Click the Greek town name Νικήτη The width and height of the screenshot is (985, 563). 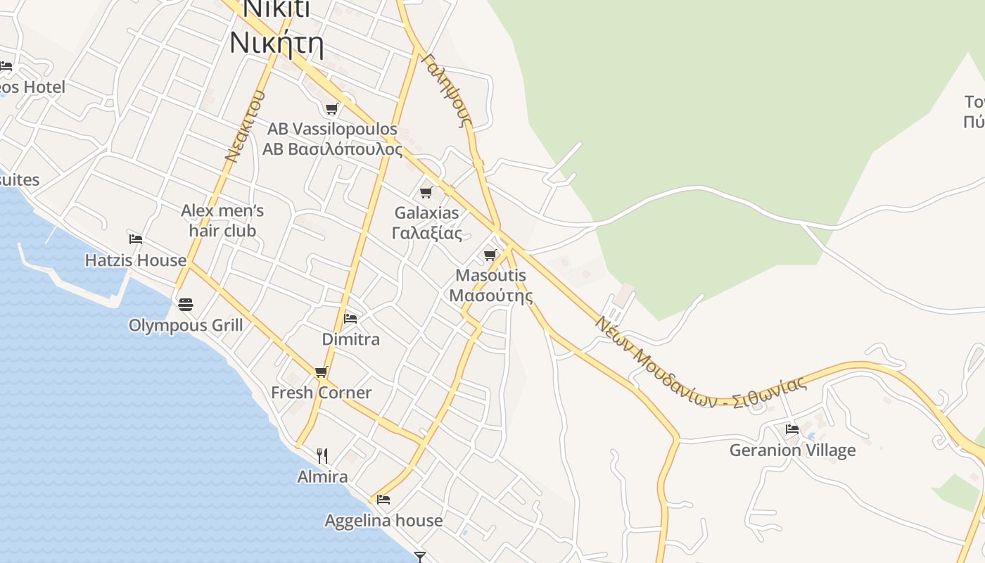(x=277, y=44)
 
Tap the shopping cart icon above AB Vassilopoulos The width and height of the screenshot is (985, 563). (x=331, y=109)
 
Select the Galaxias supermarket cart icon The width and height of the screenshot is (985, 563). (x=426, y=192)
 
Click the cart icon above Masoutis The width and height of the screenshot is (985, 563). (x=490, y=255)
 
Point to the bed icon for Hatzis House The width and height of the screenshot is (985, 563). (x=136, y=239)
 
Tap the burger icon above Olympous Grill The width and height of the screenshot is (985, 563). (x=186, y=305)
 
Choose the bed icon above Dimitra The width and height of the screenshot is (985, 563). (x=350, y=319)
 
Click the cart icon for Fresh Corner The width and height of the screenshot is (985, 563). (x=322, y=372)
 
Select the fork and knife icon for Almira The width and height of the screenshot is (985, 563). (x=322, y=456)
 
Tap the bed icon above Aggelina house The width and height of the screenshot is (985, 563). (x=383, y=500)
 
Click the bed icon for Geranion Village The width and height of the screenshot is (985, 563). (x=792, y=429)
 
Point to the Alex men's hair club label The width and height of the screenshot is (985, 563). (x=222, y=220)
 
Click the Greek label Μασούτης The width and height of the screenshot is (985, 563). (x=491, y=295)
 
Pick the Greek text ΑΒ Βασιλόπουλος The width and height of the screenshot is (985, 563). (x=333, y=149)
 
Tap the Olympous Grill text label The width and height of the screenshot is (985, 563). (x=186, y=325)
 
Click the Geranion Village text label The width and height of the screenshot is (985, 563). (x=792, y=450)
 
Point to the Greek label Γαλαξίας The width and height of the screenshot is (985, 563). (x=426, y=233)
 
